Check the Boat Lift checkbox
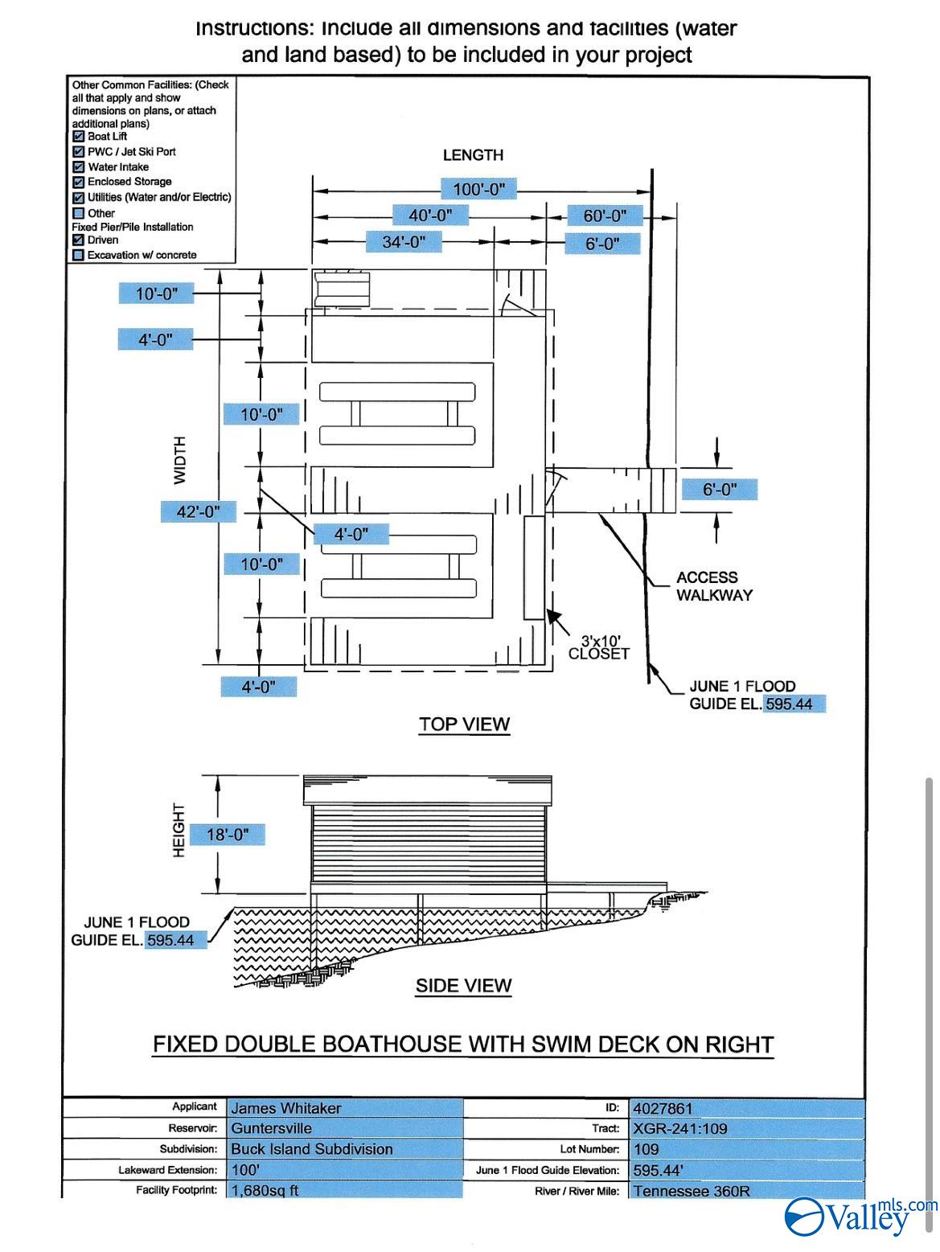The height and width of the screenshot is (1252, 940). click(79, 137)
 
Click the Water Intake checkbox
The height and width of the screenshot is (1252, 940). click(79, 167)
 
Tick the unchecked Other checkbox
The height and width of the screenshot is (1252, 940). click(79, 213)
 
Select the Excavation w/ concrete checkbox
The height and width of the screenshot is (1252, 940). click(79, 255)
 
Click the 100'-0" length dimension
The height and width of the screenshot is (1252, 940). click(478, 189)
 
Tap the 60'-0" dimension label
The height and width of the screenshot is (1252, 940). click(605, 216)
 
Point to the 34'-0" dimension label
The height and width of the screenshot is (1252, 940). click(404, 241)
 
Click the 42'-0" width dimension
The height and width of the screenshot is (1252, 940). click(198, 511)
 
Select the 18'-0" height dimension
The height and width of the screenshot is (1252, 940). click(228, 835)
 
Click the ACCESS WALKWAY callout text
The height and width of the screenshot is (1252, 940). click(714, 586)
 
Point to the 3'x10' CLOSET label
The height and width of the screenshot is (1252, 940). click(599, 647)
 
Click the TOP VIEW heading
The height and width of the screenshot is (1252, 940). click(464, 724)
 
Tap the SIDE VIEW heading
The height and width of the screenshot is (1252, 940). click(463, 985)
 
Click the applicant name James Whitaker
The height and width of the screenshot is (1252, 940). click(286, 1108)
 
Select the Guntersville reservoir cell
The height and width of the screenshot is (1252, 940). click(272, 1128)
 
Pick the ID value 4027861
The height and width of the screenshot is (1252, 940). click(663, 1108)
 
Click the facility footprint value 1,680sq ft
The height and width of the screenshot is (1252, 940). click(265, 1190)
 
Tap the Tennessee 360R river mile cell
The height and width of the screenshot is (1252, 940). click(692, 1191)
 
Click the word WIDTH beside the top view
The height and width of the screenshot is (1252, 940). click(180, 460)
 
